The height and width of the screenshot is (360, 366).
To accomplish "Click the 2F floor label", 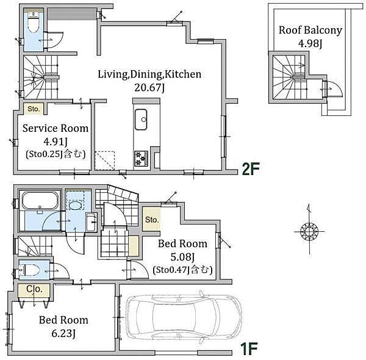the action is (251, 168).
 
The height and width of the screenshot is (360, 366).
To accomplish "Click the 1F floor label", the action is (249, 348).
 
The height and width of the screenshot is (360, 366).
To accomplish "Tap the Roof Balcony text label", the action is (310, 31).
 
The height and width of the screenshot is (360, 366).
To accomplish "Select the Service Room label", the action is (56, 128).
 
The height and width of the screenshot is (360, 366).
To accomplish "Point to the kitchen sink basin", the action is (141, 120).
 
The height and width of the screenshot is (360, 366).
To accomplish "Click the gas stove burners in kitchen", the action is (141, 158).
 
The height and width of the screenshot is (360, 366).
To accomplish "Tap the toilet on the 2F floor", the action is (34, 24).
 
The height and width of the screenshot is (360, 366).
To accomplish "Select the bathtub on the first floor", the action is (40, 201).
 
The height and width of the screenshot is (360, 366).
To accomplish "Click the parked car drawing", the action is (184, 317).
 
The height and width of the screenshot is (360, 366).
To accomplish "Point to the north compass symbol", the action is (309, 232).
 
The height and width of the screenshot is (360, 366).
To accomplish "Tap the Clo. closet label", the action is (34, 289).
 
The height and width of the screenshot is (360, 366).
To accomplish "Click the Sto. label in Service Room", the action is (34, 109).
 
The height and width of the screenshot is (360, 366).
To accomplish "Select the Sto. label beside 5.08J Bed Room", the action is (152, 220).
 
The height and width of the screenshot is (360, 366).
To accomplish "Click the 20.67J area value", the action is (149, 88).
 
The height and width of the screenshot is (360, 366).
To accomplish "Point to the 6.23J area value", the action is (63, 333).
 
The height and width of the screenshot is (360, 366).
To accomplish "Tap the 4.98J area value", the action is (310, 43).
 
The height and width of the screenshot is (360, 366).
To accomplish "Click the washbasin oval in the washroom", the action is (74, 206).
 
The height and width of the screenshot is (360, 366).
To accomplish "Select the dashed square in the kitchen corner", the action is (105, 161).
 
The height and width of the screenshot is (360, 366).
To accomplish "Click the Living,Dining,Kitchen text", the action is (149, 74).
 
